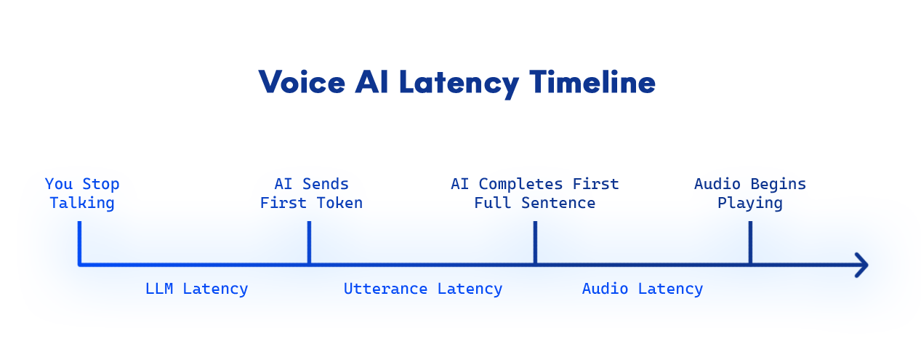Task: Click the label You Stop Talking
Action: point(82,193)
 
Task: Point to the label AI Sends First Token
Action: point(311,193)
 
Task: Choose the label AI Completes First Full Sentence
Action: point(534,193)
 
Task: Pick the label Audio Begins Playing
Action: point(749,193)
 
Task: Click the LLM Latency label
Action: point(196,289)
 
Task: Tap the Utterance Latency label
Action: point(422,289)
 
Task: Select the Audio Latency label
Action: point(642,289)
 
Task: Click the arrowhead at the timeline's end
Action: point(861,265)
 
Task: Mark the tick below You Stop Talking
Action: point(79,241)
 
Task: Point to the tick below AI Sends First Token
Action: point(309,241)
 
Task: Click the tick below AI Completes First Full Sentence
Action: point(535,241)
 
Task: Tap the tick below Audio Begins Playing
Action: point(750,241)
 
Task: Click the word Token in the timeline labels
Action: point(339,203)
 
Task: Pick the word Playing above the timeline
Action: point(749,203)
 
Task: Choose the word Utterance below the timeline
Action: point(385,289)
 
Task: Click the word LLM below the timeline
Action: point(158,289)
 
